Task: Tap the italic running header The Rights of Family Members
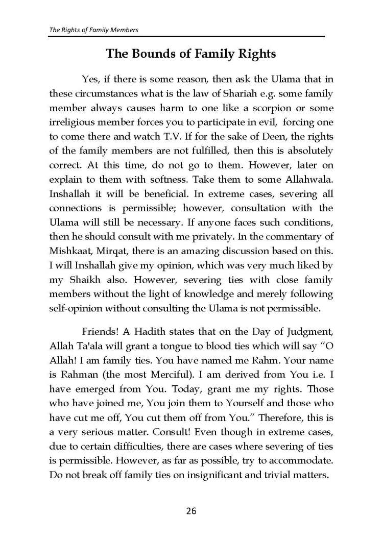(93, 30)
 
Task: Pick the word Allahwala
(308, 180)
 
